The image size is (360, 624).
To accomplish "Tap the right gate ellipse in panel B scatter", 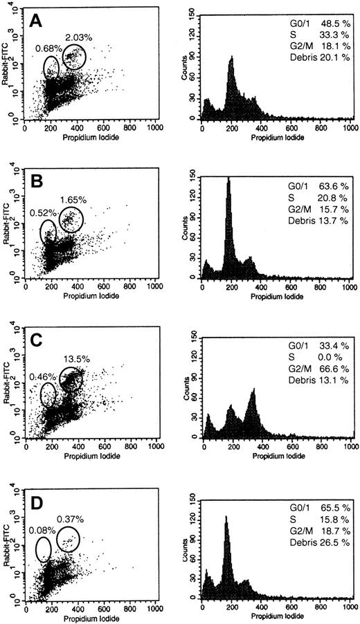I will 71,221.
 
